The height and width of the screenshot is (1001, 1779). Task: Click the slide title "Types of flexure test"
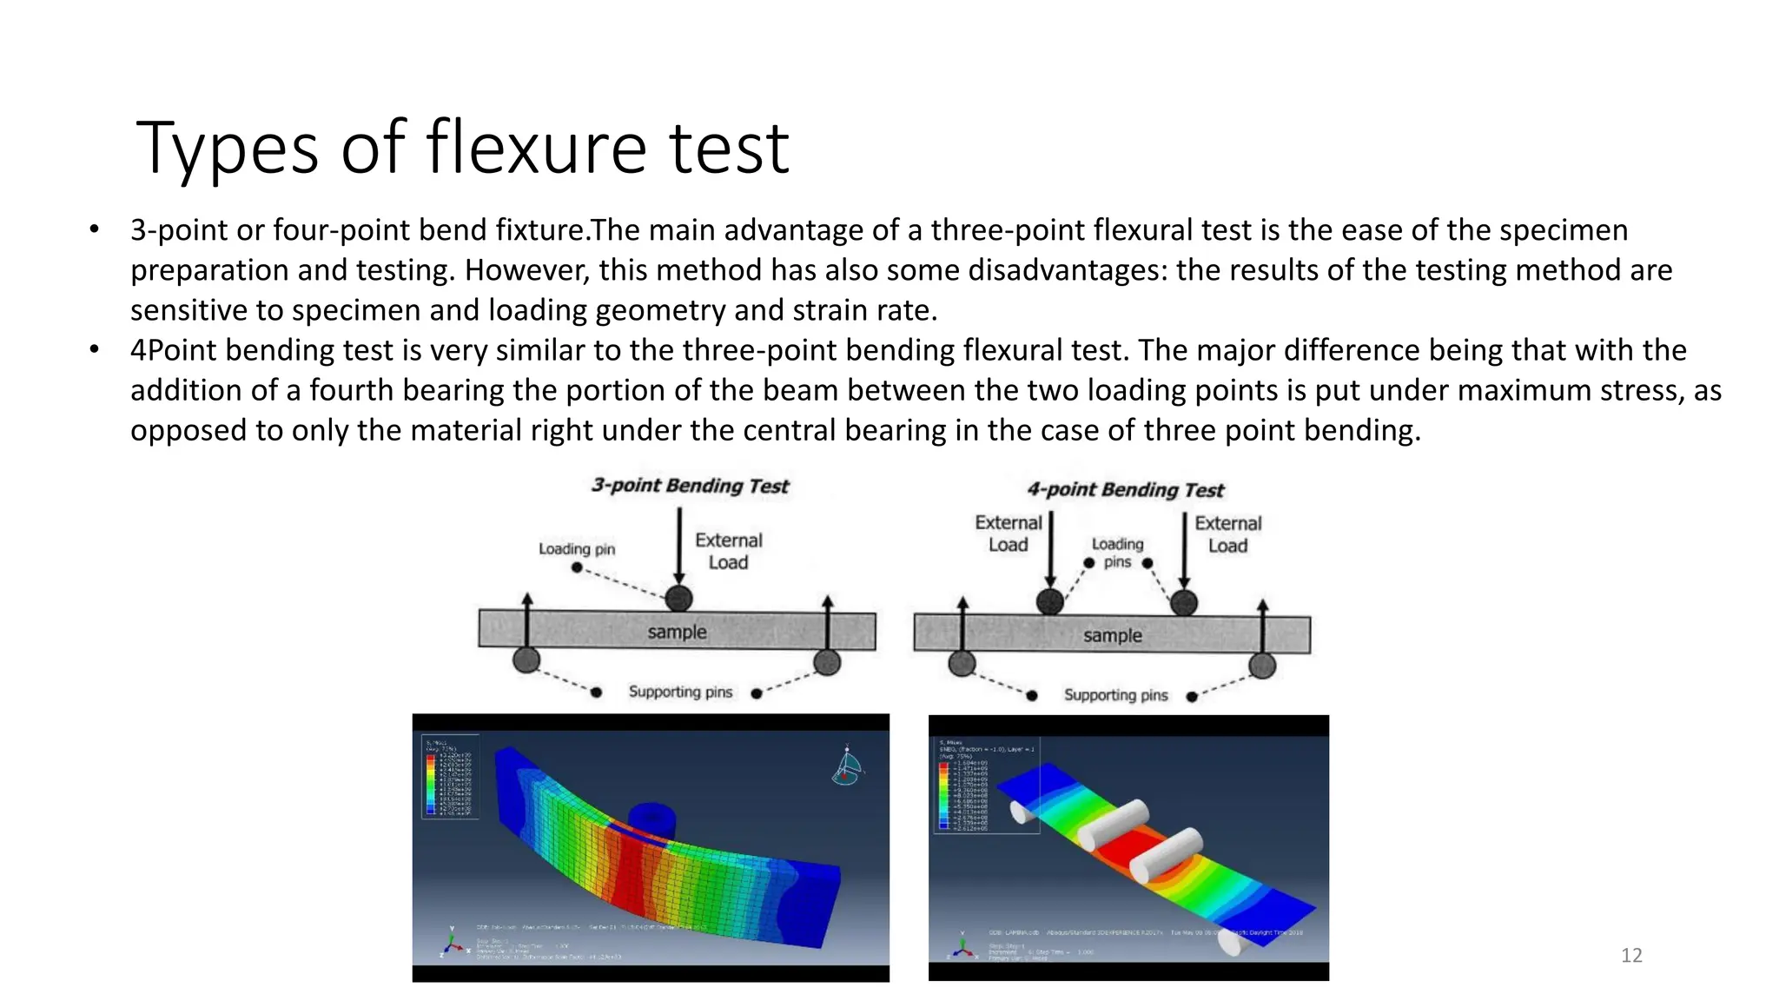coord(462,148)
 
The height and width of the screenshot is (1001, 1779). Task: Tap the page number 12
coord(1631,956)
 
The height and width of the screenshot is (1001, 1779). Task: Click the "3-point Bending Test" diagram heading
coord(690,486)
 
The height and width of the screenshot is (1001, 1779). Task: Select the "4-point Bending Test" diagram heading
coord(1125,490)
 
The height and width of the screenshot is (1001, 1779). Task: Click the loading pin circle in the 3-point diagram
coord(678,598)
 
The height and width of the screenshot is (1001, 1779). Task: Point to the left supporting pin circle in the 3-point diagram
coord(526,660)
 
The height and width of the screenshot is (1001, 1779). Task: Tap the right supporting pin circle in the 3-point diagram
coord(827,662)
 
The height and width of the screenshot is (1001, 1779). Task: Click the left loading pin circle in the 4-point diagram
coord(1050,601)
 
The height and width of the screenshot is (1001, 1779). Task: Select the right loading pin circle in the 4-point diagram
coord(1184,602)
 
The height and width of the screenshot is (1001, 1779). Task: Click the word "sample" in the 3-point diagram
coord(677,632)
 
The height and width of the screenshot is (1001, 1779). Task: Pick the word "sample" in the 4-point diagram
coord(1112,635)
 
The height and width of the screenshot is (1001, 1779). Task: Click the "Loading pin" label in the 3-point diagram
coord(576,549)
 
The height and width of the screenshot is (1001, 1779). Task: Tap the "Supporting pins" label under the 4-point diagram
coord(1115,695)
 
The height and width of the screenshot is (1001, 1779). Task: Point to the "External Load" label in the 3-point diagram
coord(728,551)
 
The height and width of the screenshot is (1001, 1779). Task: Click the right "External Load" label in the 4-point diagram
coord(1227,534)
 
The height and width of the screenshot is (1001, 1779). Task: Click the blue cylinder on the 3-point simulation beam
coord(651,819)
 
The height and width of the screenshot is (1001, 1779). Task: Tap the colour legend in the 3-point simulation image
coord(449,777)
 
